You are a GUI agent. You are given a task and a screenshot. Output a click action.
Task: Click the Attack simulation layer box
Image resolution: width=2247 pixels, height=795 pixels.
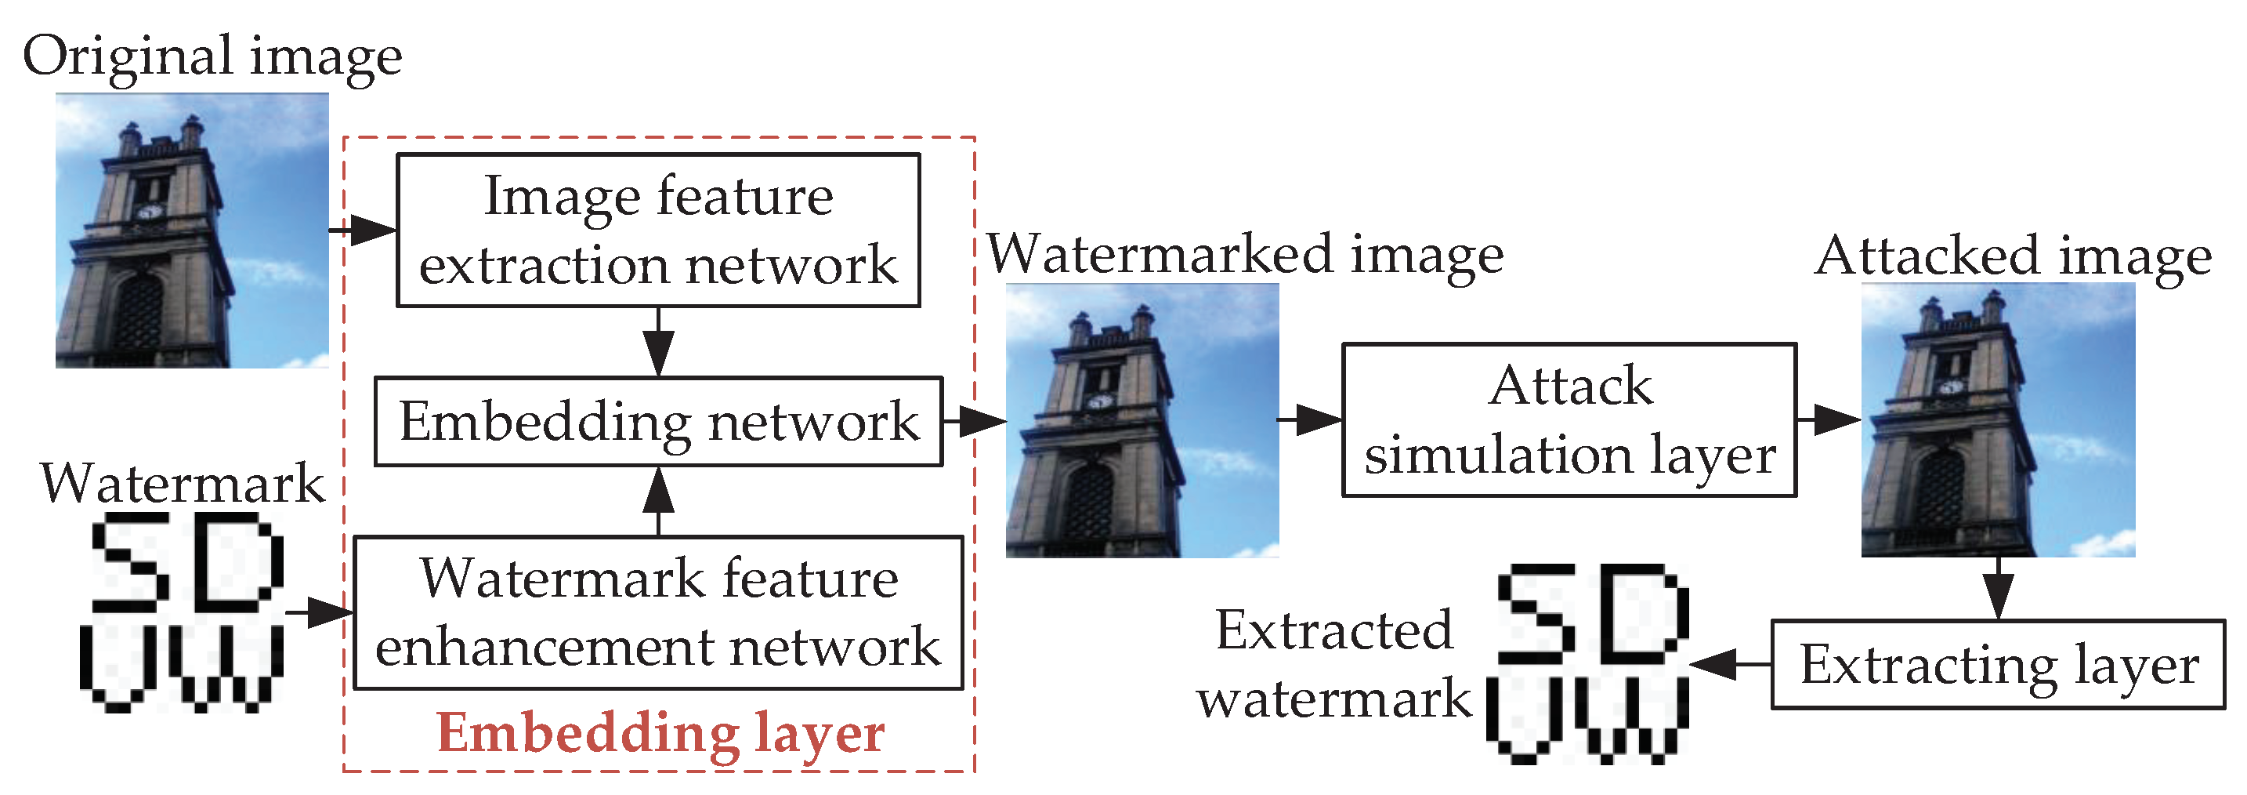pyautogui.click(x=1569, y=419)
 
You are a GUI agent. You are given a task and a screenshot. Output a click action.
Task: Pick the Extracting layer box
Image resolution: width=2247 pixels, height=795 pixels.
pyautogui.click(x=1998, y=664)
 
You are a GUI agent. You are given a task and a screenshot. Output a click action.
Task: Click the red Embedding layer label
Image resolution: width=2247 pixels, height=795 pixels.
pyautogui.click(x=660, y=732)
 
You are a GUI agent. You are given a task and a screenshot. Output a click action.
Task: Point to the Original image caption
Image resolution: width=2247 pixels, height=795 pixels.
pyautogui.click(x=212, y=56)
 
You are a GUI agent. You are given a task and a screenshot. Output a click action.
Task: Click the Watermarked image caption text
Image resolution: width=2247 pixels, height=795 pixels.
pyautogui.click(x=1245, y=255)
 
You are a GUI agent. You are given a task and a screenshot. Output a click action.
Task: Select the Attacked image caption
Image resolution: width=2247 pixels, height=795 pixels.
pyautogui.click(x=2014, y=256)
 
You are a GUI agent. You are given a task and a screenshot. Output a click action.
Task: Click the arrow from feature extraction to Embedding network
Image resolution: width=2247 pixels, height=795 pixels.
pyautogui.click(x=659, y=342)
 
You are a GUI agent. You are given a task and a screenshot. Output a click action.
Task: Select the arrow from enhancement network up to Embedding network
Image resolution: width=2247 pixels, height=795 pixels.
pyautogui.click(x=659, y=501)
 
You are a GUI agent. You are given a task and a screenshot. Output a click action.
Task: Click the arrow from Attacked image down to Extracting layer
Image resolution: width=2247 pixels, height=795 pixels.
pyautogui.click(x=1998, y=589)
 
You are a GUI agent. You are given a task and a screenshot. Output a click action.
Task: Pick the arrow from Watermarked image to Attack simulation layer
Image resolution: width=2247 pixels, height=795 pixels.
pyautogui.click(x=1310, y=419)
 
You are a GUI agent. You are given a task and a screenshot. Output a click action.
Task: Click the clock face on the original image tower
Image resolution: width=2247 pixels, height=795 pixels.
pyautogui.click(x=150, y=211)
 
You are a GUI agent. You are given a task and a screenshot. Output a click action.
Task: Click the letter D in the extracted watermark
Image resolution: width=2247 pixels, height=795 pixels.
pyautogui.click(x=1645, y=613)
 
